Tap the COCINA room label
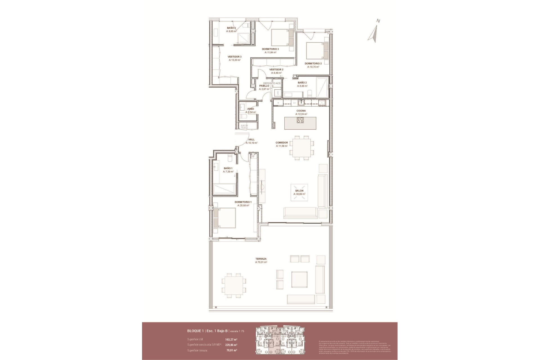coord(301,111)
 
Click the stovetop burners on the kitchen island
coord(300,120)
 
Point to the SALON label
coord(299,191)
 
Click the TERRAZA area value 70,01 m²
coord(261,262)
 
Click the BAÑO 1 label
coord(228,168)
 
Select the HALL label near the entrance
coord(251,139)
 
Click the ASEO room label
coord(250,109)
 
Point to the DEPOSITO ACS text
coord(272,83)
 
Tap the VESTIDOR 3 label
coord(235,57)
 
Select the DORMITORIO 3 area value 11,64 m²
coord(270,52)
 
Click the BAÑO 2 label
coord(302,83)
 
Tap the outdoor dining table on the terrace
coord(233,289)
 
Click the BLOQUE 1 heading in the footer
coord(195,331)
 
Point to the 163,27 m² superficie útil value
coord(231,339)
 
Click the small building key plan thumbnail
coord(280,341)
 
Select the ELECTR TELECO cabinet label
coord(244,127)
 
